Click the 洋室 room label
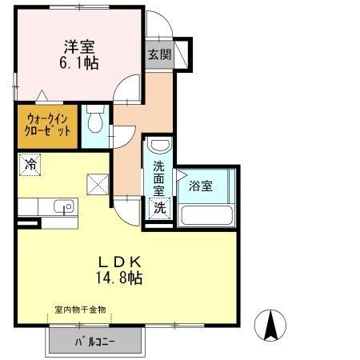coord(79,47)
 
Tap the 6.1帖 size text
coord(79,63)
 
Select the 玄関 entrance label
coord(159,54)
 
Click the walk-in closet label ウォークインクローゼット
coord(47,125)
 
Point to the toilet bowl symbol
coord(95,119)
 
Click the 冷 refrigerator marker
coord(30,165)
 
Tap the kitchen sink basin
coord(64,206)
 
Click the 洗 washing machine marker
coord(160,208)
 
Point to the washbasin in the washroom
coord(158,146)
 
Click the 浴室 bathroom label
coord(201,186)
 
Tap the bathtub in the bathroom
coord(207,215)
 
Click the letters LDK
coord(119,262)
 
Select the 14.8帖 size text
coord(119,278)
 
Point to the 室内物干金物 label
coord(80,310)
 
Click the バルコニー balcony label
coord(94,342)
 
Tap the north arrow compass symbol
coord(270,326)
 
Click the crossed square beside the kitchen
coord(98,184)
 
